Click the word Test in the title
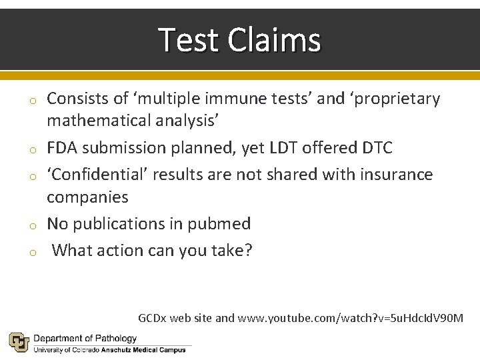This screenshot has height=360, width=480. coord(189,40)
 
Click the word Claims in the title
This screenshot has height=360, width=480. coord(274,40)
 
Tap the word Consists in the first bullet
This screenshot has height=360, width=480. coord(77,99)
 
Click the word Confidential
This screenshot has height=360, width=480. coord(103,175)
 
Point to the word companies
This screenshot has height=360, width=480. coord(87,197)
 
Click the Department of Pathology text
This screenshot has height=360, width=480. coord(85,339)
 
